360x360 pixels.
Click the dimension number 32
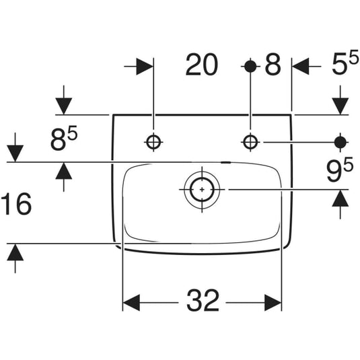pyautogui.click(x=203, y=300)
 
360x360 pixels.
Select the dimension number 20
pyautogui.click(x=202, y=65)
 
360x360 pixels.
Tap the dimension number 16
pyautogui.click(x=16, y=204)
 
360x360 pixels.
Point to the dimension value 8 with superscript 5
pyautogui.click(x=64, y=139)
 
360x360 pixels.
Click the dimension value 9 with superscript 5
pyautogui.click(x=340, y=170)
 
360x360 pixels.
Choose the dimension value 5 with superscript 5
pyautogui.click(x=345, y=62)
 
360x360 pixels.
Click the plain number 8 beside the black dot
pyautogui.click(x=273, y=65)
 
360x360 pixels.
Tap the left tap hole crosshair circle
pyautogui.click(x=153, y=142)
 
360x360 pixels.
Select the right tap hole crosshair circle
pyautogui.click(x=250, y=142)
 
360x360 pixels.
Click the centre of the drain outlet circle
pyautogui.click(x=202, y=190)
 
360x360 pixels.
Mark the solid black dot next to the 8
pyautogui.click(x=250, y=67)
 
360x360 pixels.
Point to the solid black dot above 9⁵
pyautogui.click(x=340, y=143)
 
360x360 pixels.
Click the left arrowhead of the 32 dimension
pyautogui.click(x=132, y=303)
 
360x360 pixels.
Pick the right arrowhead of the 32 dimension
pyautogui.click(x=273, y=303)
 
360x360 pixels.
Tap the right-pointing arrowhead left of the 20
pyautogui.click(x=145, y=67)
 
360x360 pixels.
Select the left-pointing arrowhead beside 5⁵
pyautogui.click(x=301, y=67)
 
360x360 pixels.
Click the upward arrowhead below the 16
pyautogui.click(x=15, y=252)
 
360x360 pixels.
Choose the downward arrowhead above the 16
pyautogui.click(x=15, y=153)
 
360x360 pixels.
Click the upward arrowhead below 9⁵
pyautogui.click(x=340, y=198)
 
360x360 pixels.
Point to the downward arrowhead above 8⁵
pyautogui.click(x=64, y=106)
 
